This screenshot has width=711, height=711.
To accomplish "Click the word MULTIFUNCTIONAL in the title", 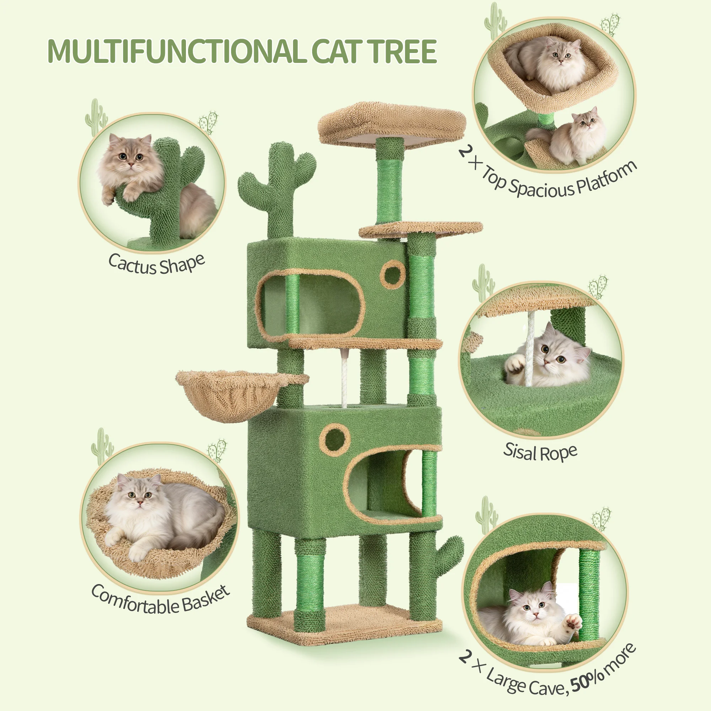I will tap(177, 52).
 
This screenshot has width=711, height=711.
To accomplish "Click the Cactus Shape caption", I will tap(156, 264).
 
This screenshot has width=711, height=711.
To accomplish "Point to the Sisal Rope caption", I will tap(540, 452).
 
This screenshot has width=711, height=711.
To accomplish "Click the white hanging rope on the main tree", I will tap(344, 379).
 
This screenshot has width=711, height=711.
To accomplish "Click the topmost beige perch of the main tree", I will tap(392, 123).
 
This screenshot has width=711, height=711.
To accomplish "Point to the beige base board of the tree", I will tap(344, 626).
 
